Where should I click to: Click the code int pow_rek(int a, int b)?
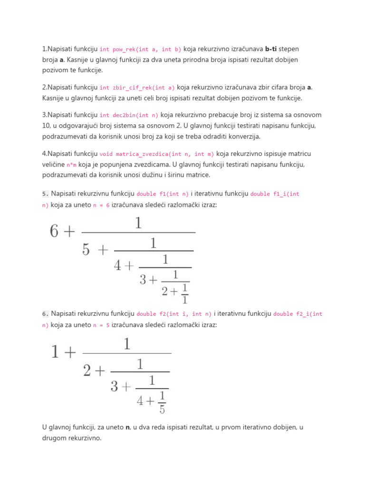pos(140,49)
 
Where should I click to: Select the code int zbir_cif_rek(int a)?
pos(137,88)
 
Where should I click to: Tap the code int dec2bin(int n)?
pos(129,115)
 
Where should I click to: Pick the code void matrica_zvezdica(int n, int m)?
pos(157,154)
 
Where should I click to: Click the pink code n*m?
pos(71,165)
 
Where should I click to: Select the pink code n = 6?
pos(101,204)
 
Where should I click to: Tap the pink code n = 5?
pos(101,325)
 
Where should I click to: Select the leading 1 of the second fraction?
pos(55,352)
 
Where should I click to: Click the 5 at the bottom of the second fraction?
pos(162,409)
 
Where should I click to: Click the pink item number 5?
pos(45,194)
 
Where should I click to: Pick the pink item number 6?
pos(45,314)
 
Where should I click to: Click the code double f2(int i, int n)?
pos(174,314)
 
